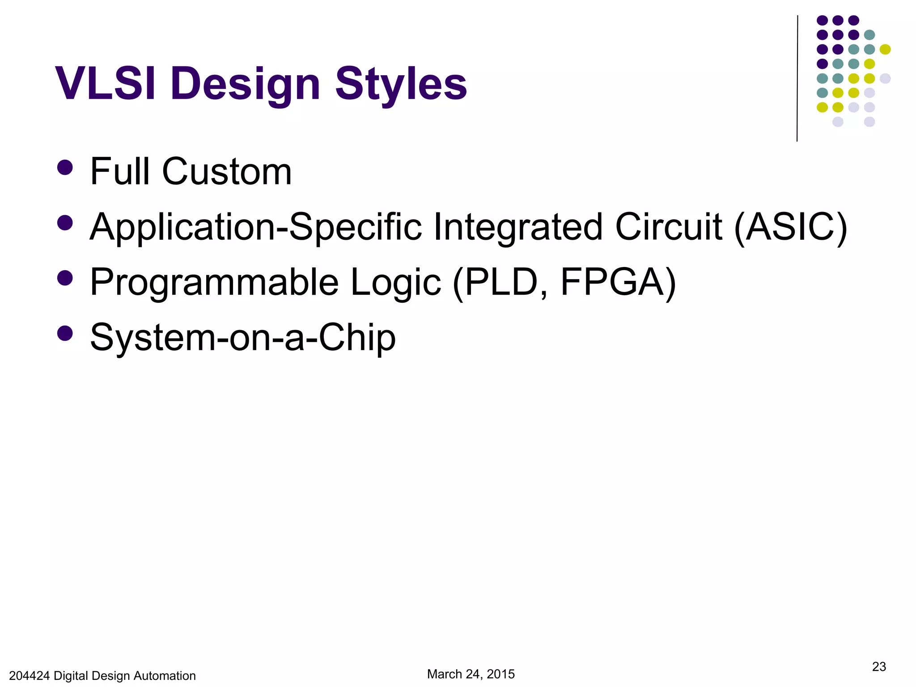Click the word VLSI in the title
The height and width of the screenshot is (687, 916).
pos(106,84)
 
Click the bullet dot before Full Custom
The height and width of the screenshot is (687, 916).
pos(65,168)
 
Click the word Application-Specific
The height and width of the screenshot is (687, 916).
pos(255,227)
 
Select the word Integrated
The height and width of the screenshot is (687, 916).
pos(518,227)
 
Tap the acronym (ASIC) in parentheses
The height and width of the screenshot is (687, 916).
pos(790,227)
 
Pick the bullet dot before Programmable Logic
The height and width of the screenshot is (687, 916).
pos(65,278)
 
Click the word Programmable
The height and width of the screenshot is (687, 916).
pos(214,282)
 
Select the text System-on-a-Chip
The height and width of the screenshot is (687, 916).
pos(243,338)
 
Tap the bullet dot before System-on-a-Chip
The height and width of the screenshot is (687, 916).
pos(65,333)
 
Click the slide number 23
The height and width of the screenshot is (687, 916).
pos(879,666)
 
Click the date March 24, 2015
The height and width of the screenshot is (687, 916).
pos(471,674)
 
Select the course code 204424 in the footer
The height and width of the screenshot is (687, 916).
pos(29,676)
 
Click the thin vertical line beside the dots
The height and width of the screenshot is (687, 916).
pos(797,78)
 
